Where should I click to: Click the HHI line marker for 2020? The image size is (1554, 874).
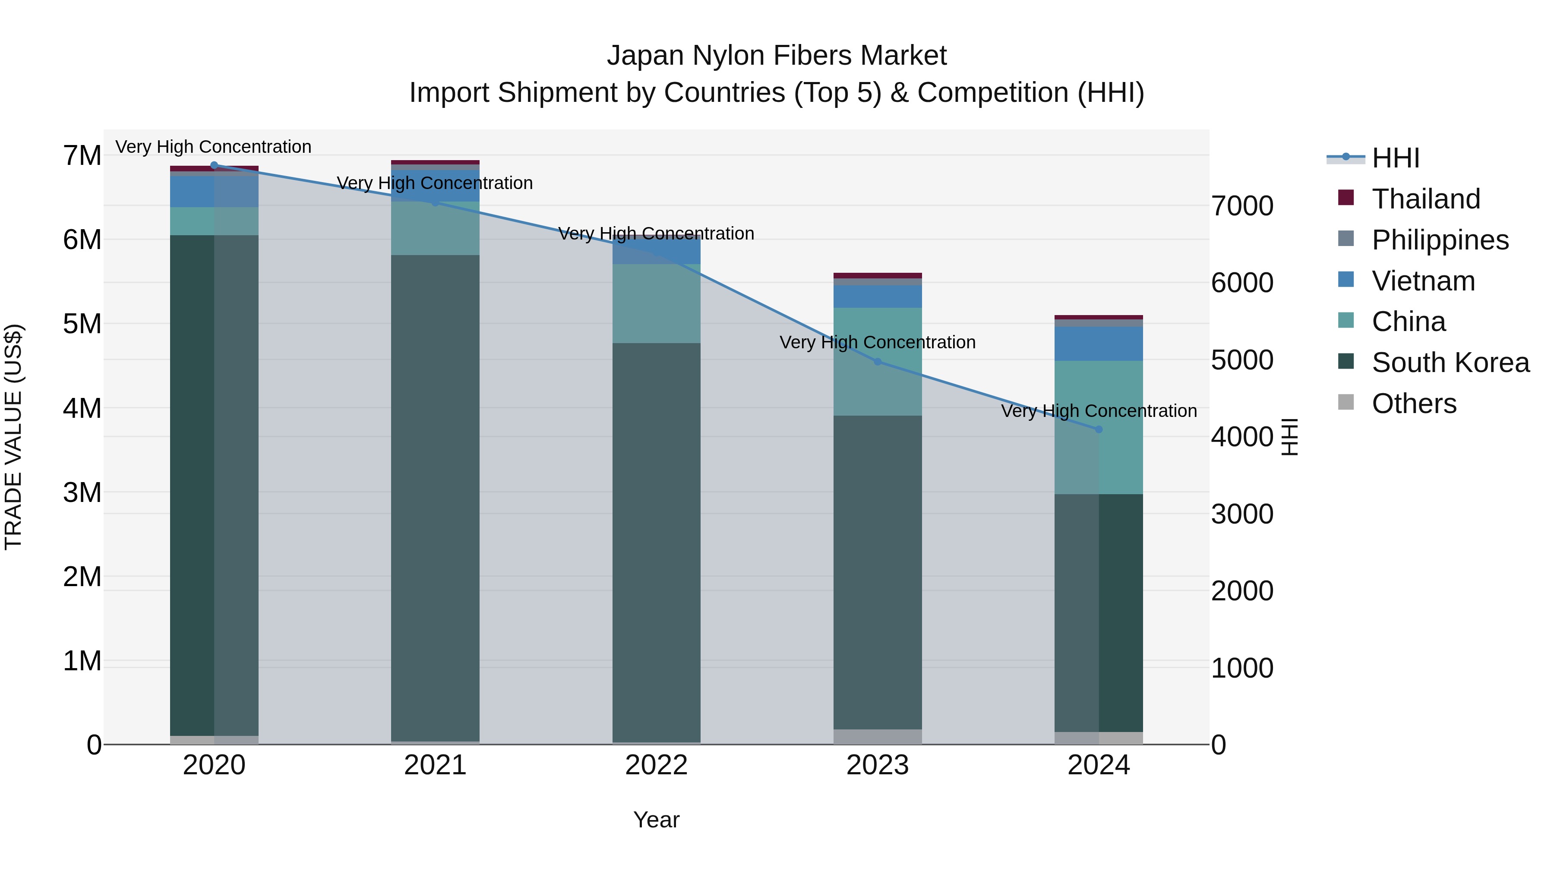click(214, 165)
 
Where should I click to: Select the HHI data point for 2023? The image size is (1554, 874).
click(878, 362)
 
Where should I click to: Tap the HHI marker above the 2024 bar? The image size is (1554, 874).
click(1099, 429)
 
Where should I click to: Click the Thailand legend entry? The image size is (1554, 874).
click(1425, 199)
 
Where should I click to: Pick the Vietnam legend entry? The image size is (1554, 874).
click(1423, 281)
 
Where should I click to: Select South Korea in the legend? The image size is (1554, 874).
click(1450, 363)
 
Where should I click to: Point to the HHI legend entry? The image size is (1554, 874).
click(1395, 158)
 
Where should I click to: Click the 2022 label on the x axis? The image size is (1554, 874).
click(656, 765)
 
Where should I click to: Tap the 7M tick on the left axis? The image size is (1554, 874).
click(82, 156)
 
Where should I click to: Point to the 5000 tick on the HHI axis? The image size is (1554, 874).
click(1242, 360)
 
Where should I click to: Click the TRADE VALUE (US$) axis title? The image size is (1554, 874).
click(13, 437)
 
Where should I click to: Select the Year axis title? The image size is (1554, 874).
click(656, 820)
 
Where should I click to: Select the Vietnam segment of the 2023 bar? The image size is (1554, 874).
click(878, 296)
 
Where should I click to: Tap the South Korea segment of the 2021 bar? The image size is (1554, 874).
click(435, 498)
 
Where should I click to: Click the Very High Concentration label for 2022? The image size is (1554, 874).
click(656, 233)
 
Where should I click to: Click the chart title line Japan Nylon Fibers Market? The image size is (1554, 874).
click(777, 56)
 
